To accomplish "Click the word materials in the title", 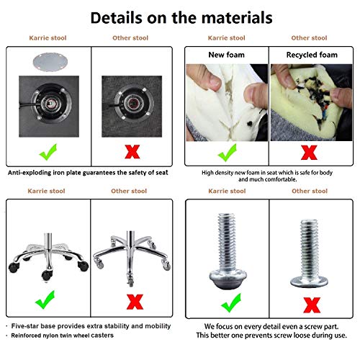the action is (x=237, y=18).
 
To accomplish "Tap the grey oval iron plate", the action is (x=50, y=62).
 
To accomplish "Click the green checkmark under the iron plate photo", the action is (x=48, y=152).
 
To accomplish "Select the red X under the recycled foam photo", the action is (x=309, y=153).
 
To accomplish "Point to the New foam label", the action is (x=226, y=55).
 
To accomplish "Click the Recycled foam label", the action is (x=312, y=55).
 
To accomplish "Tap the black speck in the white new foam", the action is (x=250, y=124).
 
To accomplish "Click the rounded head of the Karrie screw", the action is (x=228, y=279).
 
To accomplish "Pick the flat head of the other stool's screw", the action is (x=309, y=282).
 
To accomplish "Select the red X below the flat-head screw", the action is (x=312, y=305).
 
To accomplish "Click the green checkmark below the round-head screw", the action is (x=231, y=303).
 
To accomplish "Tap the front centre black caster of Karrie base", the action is (x=46, y=275).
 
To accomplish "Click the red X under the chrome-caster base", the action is (x=135, y=302).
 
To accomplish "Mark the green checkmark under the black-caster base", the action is (x=45, y=300).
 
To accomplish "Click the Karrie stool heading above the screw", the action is (x=227, y=191).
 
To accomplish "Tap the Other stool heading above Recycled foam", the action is (x=309, y=38).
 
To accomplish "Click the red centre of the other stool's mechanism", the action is (x=132, y=104).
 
